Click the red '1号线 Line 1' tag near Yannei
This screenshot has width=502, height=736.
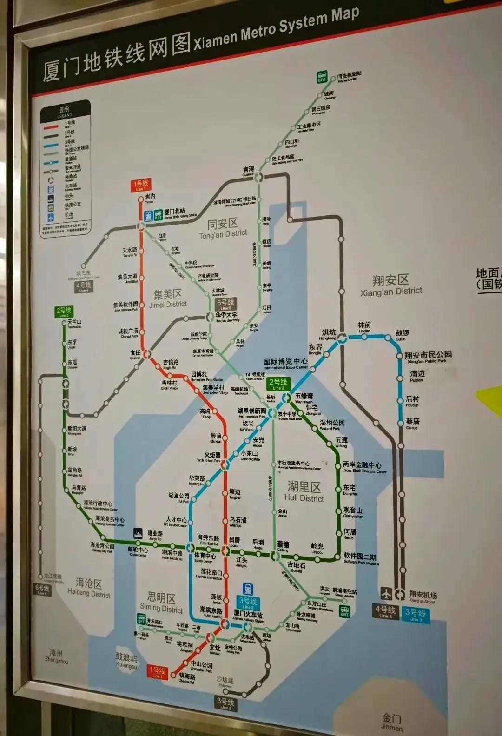141,186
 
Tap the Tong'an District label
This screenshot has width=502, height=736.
223,229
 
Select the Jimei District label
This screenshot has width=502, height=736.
168,298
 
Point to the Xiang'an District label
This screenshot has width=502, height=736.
391,285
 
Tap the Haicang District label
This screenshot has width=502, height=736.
89,588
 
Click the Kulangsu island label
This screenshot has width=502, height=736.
127,661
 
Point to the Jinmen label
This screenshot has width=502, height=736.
392,723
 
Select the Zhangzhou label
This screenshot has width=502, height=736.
57,656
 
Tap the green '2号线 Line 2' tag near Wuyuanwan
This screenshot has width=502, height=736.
278,384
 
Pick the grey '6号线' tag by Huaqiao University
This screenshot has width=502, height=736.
225,305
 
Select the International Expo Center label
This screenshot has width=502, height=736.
285,363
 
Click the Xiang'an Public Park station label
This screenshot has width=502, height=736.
428,357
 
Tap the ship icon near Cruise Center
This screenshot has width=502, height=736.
138,533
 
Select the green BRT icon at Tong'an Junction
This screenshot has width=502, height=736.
322,77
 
